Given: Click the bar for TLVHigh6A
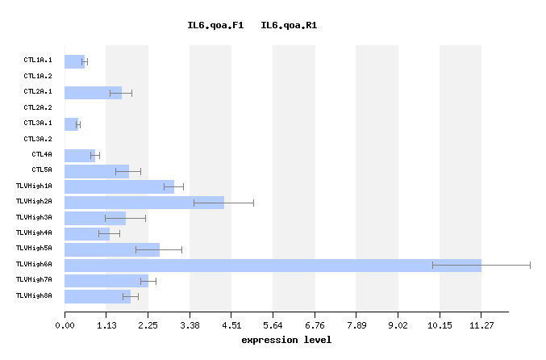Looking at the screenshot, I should pyautogui.click(x=273, y=265).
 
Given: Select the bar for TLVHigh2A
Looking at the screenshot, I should pyautogui.click(x=144, y=203).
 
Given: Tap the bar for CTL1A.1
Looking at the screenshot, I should pyautogui.click(x=74, y=61).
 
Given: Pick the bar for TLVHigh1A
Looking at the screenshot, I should pyautogui.click(x=119, y=186).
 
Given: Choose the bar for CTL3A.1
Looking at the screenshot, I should pyautogui.click(x=71, y=124).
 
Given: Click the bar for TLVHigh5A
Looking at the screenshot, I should pyautogui.click(x=112, y=249).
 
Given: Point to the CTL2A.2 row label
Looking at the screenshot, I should pyautogui.click(x=38, y=107).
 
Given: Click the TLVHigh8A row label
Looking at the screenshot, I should pyautogui.click(x=34, y=295).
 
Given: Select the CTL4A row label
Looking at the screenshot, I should pyautogui.click(x=42, y=154).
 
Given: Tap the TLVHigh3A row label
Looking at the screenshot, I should pyautogui.click(x=34, y=217).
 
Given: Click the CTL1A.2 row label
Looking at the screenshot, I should pyautogui.click(x=38, y=76).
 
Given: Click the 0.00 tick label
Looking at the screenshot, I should pyautogui.click(x=65, y=325).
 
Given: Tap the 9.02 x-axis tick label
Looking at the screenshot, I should pyautogui.click(x=398, y=325).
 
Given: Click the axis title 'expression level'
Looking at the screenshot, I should pyautogui.click(x=286, y=340).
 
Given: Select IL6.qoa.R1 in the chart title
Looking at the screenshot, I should pyautogui.click(x=289, y=26).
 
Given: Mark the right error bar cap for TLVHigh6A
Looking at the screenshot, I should pyautogui.click(x=530, y=265).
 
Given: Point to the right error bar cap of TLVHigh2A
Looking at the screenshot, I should pyautogui.click(x=253, y=203).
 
